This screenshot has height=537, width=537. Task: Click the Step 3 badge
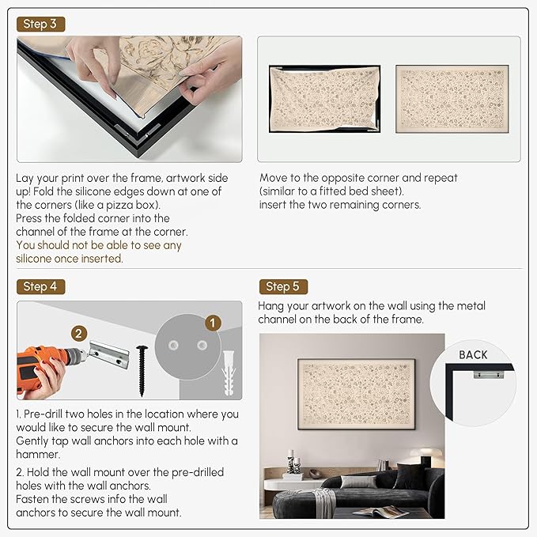pyautogui.click(x=40, y=24)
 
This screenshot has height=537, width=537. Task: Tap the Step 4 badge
pyautogui.click(x=40, y=286)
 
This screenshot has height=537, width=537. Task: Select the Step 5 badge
pyautogui.click(x=283, y=286)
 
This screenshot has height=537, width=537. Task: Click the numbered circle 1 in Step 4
pyautogui.click(x=213, y=323)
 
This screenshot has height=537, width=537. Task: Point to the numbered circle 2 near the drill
pyautogui.click(x=79, y=334)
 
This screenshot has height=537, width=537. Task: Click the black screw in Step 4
pyautogui.click(x=142, y=371)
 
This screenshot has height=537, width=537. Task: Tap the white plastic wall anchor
pyautogui.click(x=229, y=373)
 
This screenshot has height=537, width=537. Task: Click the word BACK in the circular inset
pyautogui.click(x=473, y=355)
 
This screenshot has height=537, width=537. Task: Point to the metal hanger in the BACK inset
pyautogui.click(x=489, y=374)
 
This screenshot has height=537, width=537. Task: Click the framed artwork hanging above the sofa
pyautogui.click(x=356, y=394)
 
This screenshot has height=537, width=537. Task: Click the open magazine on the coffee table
pyautogui.click(x=380, y=512)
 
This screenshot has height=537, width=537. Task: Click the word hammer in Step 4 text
pyautogui.click(x=37, y=454)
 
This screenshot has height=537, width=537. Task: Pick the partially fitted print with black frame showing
pyautogui.click(x=325, y=99)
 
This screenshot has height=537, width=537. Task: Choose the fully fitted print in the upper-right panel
pyautogui.click(x=452, y=99)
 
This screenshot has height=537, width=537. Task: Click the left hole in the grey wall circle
pyautogui.click(x=173, y=345)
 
